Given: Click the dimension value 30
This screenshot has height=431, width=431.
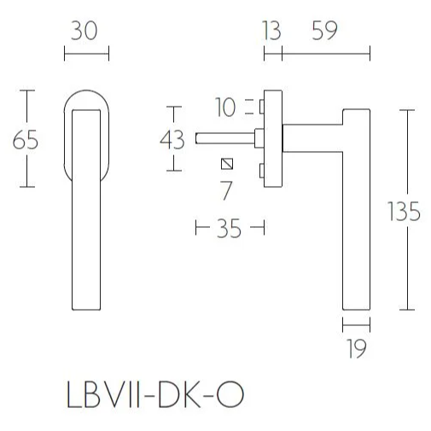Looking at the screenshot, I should click(86, 31).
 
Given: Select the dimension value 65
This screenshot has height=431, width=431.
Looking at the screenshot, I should click(26, 139).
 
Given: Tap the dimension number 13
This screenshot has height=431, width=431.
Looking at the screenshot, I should click(272, 31).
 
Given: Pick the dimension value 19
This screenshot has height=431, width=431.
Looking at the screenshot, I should click(358, 348).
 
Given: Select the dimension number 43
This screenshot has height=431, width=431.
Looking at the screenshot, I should click(173, 138).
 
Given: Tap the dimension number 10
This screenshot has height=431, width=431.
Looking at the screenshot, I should click(225, 108).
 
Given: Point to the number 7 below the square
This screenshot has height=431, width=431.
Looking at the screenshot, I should click(225, 190).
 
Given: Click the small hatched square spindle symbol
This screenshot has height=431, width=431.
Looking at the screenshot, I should click(226, 164).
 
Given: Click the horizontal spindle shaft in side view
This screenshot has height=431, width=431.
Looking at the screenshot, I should click(224, 136).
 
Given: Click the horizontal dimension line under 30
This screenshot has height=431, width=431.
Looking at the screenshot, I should click(86, 56).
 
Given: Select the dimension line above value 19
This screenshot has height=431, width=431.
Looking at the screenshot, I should click(357, 324).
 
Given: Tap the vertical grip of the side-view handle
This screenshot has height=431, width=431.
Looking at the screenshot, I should click(357, 213).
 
